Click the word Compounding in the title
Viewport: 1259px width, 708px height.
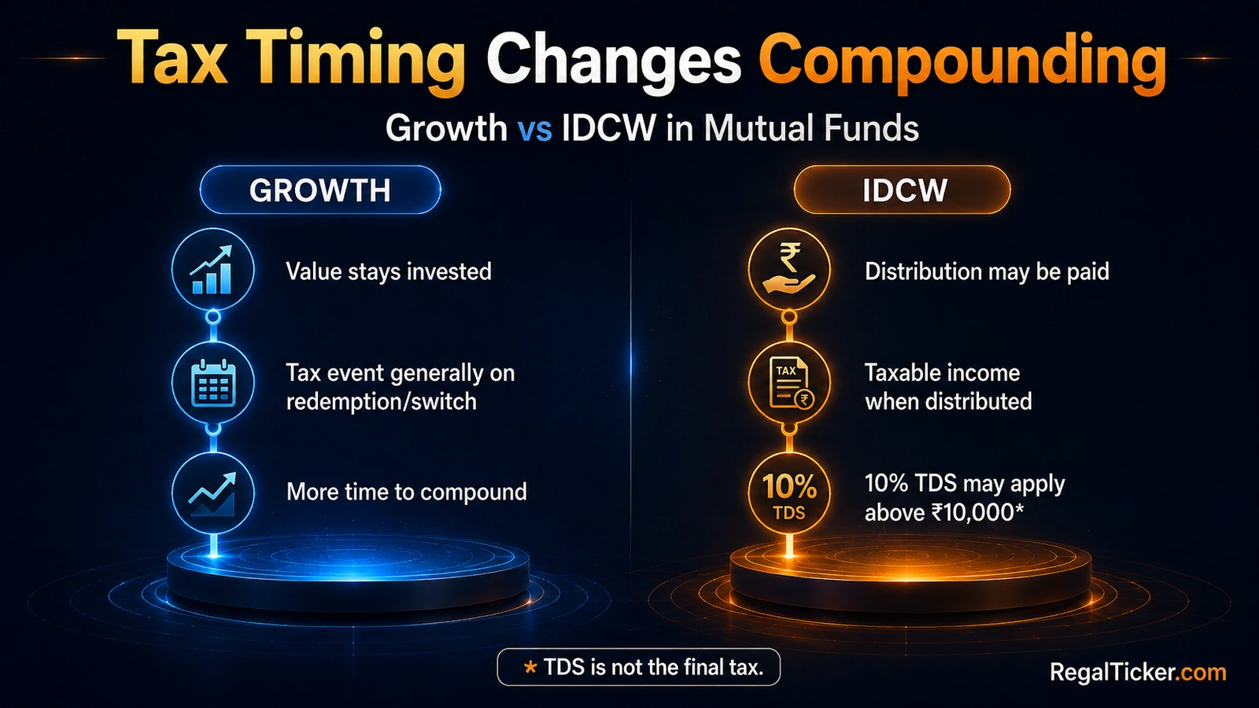pyautogui.click(x=962, y=63)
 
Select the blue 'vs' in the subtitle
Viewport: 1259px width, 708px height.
pyautogui.click(x=534, y=128)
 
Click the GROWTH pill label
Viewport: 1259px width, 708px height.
pyautogui.click(x=320, y=190)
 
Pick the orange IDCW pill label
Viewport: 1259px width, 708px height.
pyautogui.click(x=902, y=190)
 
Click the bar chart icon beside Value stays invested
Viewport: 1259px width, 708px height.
pyautogui.click(x=212, y=269)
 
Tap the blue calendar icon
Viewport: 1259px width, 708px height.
pyautogui.click(x=212, y=382)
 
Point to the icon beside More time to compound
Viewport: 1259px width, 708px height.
pyautogui.click(x=212, y=493)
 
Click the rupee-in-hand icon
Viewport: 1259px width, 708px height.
pyautogui.click(x=789, y=269)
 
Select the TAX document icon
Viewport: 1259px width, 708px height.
pyautogui.click(x=789, y=382)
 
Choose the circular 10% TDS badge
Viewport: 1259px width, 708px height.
pyautogui.click(x=789, y=493)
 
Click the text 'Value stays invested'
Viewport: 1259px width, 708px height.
pyautogui.click(x=389, y=271)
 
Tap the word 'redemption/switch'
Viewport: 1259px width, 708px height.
pyautogui.click(x=382, y=402)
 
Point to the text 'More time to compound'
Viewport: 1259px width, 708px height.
pyautogui.click(x=406, y=492)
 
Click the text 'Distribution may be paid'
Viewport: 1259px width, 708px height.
pyautogui.click(x=987, y=271)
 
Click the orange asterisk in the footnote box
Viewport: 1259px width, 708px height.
pyautogui.click(x=530, y=668)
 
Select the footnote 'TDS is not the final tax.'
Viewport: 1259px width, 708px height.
pyautogui.click(x=654, y=668)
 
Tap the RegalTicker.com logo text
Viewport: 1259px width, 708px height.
pyautogui.click(x=1138, y=673)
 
